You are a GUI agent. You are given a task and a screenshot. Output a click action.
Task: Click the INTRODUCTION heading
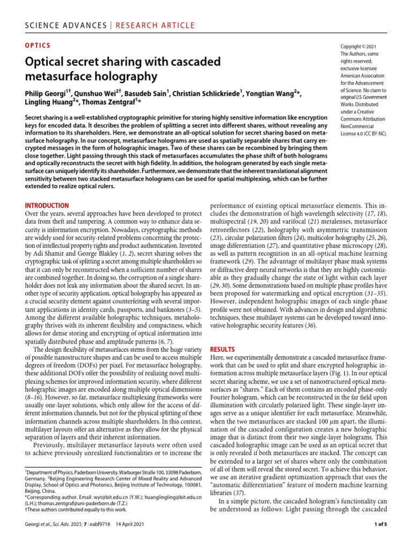(x=47, y=205)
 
